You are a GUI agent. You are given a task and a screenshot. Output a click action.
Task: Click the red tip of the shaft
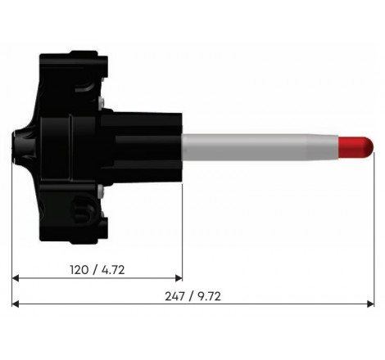point(356,146)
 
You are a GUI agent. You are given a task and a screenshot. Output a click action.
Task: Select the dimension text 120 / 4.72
point(97,268)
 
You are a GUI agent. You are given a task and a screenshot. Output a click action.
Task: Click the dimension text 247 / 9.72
point(192,296)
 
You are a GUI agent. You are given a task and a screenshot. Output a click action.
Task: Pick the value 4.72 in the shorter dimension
point(113,268)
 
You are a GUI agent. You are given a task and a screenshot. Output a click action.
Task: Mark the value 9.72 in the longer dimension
point(209,296)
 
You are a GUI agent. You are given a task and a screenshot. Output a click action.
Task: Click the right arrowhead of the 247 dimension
point(370,304)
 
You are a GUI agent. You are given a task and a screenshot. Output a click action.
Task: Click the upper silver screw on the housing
point(99,101)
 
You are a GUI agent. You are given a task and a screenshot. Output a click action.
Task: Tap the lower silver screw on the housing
point(99,191)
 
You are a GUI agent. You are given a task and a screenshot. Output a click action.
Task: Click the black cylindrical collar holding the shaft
point(143,146)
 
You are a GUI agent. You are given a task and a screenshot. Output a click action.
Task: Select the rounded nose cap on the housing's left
point(18,146)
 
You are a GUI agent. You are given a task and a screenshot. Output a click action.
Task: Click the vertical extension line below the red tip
point(374,229)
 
